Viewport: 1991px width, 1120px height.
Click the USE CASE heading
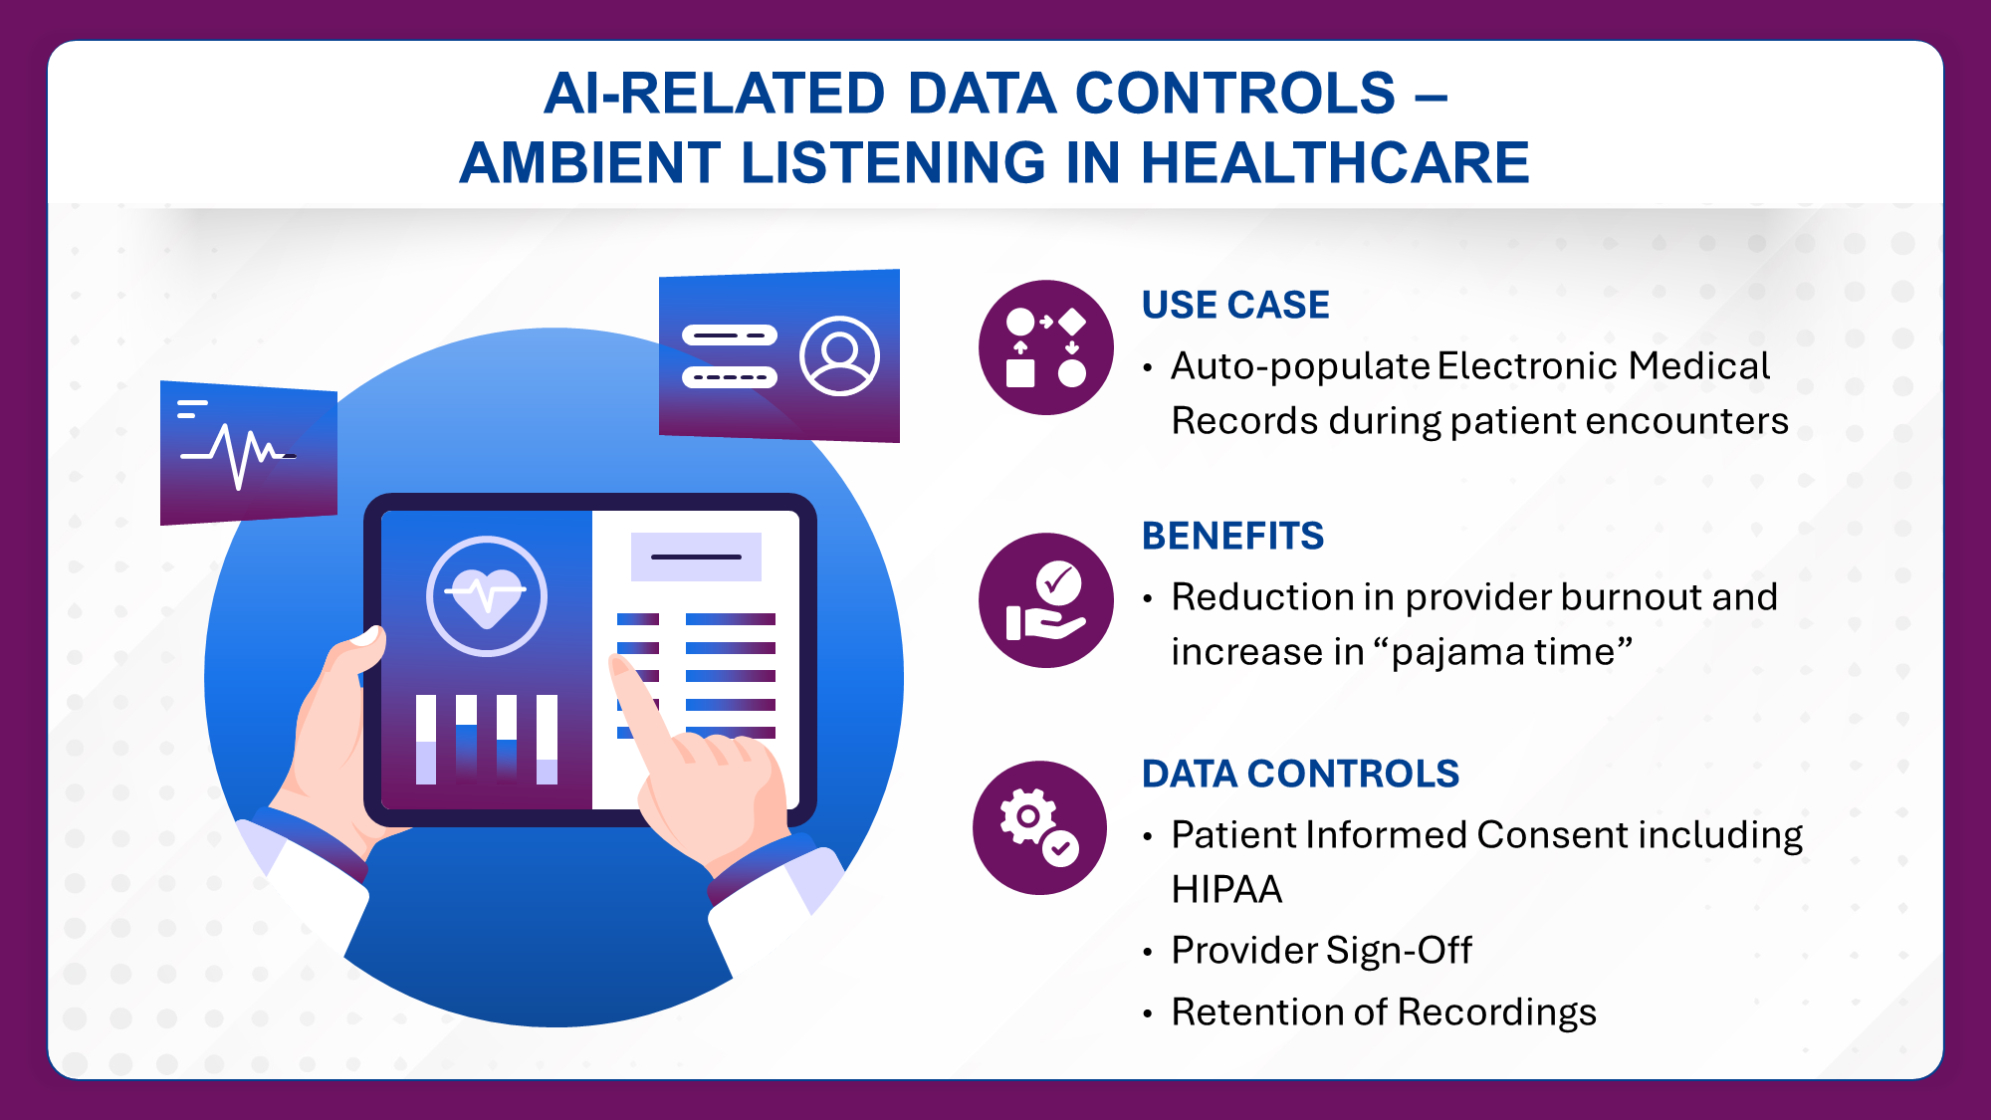tap(1235, 305)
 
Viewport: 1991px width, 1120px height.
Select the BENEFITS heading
tap(1232, 536)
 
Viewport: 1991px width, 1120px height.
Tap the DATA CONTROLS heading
tap(1300, 774)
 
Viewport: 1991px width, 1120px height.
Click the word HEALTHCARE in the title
tap(1335, 162)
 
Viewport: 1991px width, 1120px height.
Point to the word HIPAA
tap(1226, 889)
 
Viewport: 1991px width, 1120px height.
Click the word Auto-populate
tap(1300, 367)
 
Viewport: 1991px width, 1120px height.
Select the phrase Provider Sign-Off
tap(1321, 951)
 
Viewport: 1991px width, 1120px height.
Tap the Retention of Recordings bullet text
tap(1384, 1012)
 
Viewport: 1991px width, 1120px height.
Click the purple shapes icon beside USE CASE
tap(1045, 347)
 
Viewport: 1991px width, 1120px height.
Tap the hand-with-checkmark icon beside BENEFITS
tap(1045, 600)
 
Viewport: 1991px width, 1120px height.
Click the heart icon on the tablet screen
tap(487, 596)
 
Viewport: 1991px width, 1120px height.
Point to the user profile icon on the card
tap(839, 355)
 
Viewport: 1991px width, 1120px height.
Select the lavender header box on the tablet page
tap(696, 557)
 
